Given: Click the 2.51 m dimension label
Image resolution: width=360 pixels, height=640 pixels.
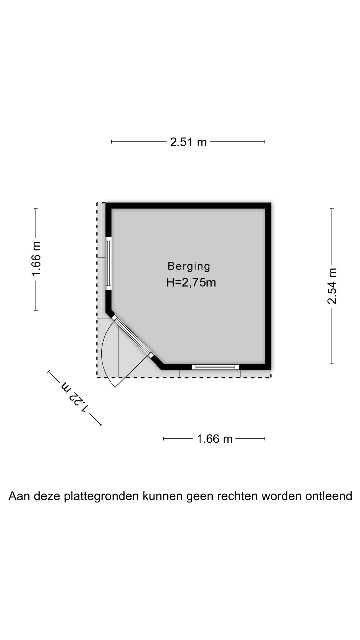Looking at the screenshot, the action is pyautogui.click(x=188, y=142).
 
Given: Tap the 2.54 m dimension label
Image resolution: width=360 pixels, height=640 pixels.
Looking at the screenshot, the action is pyautogui.click(x=332, y=286).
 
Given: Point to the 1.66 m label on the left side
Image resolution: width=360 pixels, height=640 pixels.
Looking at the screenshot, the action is pyautogui.click(x=36, y=259).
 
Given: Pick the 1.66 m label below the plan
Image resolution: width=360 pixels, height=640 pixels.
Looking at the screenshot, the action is pyautogui.click(x=215, y=439).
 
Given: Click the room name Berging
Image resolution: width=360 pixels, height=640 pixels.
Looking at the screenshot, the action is pyautogui.click(x=189, y=266).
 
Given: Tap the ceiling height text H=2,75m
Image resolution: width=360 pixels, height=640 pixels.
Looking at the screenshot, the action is pyautogui.click(x=191, y=283).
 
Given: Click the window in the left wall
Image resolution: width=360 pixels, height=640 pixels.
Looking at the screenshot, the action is pyautogui.click(x=108, y=263).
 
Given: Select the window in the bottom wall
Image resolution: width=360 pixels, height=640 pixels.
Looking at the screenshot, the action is pyautogui.click(x=215, y=367).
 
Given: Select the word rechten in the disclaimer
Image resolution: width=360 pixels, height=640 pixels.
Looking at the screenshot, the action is pyautogui.click(x=237, y=496).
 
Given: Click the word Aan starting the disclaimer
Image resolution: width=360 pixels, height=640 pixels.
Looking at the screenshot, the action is pyautogui.click(x=18, y=496).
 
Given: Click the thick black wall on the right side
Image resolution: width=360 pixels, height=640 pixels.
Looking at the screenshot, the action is pyautogui.click(x=268, y=286).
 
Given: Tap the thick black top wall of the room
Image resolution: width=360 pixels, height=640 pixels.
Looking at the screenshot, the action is pyautogui.click(x=188, y=206).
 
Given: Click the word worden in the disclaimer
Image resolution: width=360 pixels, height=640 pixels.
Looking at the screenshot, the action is pyautogui.click(x=281, y=496).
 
